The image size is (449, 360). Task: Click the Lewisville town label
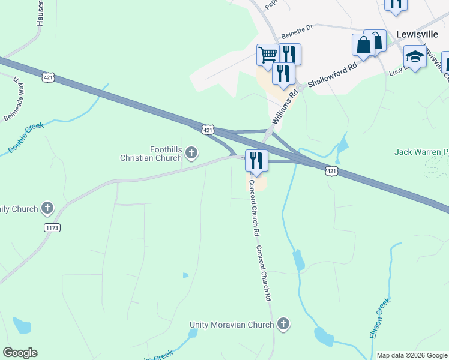coord(418,34)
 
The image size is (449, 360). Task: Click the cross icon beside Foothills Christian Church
coord(191,154)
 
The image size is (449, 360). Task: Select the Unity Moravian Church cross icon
coord(283,325)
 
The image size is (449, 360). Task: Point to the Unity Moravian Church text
coord(232,325)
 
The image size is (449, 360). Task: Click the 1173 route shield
coord(52,228)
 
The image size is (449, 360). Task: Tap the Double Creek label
coord(26,139)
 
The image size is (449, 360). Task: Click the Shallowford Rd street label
coord(332,73)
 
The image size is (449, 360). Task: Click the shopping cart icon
coord(268,54)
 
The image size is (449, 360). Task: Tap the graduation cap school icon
coord(414,56)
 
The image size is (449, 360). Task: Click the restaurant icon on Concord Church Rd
coord(256,160)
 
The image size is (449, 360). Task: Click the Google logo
coord(20,353)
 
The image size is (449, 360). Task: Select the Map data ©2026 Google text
coord(412,355)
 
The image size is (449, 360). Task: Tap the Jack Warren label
coord(421,152)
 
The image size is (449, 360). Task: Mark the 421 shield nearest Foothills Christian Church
coord(207,130)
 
